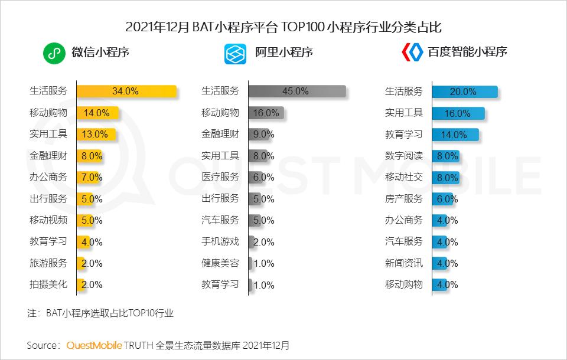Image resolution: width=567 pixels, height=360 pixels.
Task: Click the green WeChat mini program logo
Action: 54,53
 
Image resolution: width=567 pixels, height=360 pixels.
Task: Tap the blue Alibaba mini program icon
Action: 235,53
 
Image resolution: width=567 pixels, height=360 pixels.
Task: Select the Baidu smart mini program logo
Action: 412,52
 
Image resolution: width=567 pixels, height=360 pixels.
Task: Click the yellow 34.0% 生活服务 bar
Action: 126,91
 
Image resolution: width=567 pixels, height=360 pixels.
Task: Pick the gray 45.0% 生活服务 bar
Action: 296,91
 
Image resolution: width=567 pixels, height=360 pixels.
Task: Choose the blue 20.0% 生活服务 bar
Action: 464,91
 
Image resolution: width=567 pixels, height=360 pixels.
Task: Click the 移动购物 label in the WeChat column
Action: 48,113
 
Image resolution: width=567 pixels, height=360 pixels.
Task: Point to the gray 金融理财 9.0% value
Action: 263,134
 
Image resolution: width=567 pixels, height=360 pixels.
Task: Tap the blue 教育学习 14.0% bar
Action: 455,135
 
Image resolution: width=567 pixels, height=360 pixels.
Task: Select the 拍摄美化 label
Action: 48,284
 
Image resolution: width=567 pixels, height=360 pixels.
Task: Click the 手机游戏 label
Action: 220,241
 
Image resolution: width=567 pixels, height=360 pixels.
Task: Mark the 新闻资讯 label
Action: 404,263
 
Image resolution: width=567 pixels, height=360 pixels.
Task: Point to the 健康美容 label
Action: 220,263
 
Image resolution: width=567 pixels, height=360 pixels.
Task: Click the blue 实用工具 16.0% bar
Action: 458,113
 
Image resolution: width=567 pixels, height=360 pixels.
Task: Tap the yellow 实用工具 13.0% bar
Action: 96,134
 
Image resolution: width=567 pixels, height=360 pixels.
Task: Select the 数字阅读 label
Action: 404,156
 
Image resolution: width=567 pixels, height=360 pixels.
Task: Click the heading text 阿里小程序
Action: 283,52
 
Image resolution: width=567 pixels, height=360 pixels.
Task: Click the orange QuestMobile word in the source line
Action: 94,345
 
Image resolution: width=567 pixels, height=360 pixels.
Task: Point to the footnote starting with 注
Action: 100,313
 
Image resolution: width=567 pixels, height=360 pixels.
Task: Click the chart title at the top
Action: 283,27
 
